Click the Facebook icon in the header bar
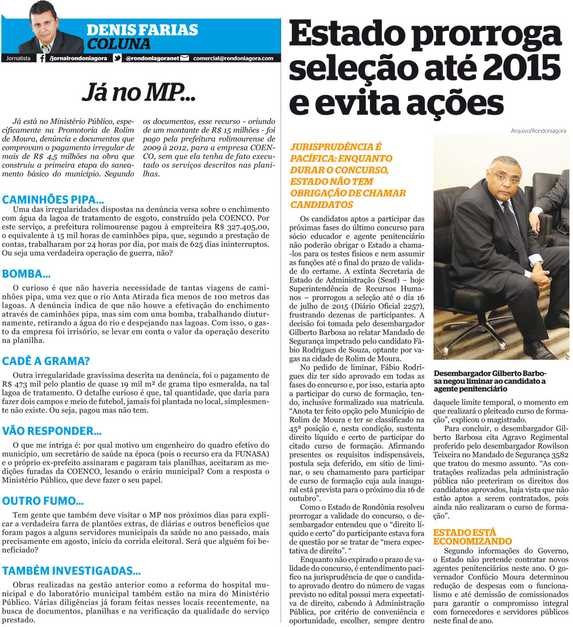point(42,58)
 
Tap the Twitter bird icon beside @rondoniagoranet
point(117,58)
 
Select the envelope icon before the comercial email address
point(185,58)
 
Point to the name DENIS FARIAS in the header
point(141,30)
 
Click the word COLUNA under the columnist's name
point(119,44)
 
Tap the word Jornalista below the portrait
point(18,58)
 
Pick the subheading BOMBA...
point(26,273)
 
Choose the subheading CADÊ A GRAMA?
point(46,361)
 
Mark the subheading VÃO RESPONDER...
point(51,431)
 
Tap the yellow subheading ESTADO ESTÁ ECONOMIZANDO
point(472,537)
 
